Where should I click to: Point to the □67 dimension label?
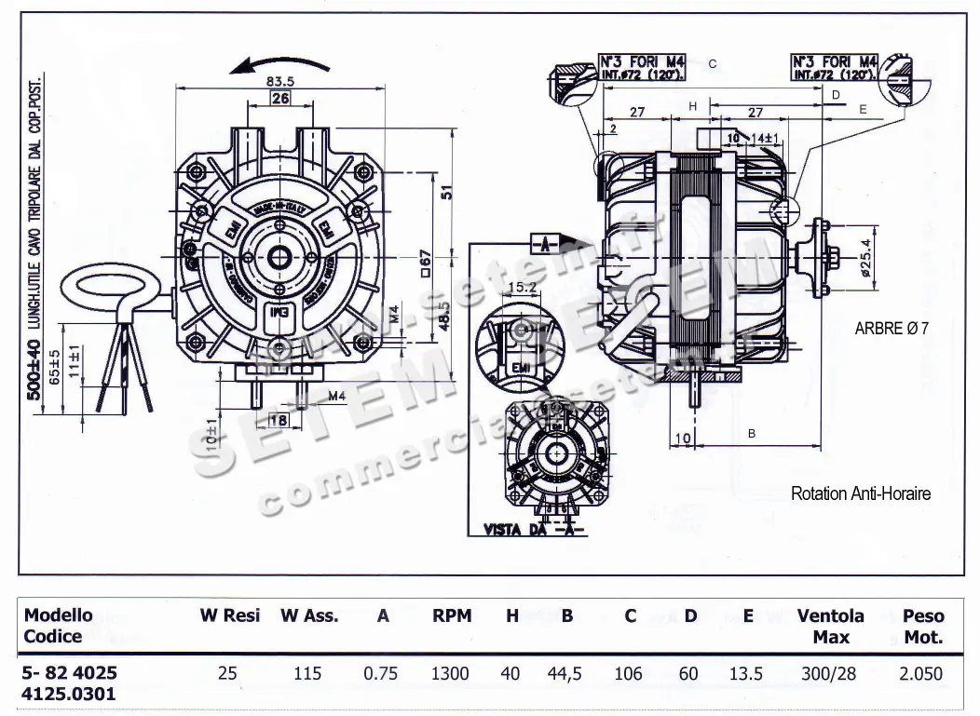click(424, 263)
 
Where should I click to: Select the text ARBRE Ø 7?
click(892, 328)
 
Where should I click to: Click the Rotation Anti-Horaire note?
click(860, 493)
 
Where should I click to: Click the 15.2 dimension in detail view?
click(524, 289)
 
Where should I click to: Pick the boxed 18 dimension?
click(279, 420)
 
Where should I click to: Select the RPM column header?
click(452, 616)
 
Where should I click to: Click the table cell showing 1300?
click(450, 673)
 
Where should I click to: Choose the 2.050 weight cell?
click(922, 673)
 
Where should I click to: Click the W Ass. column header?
click(309, 616)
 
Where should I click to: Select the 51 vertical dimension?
click(444, 192)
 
